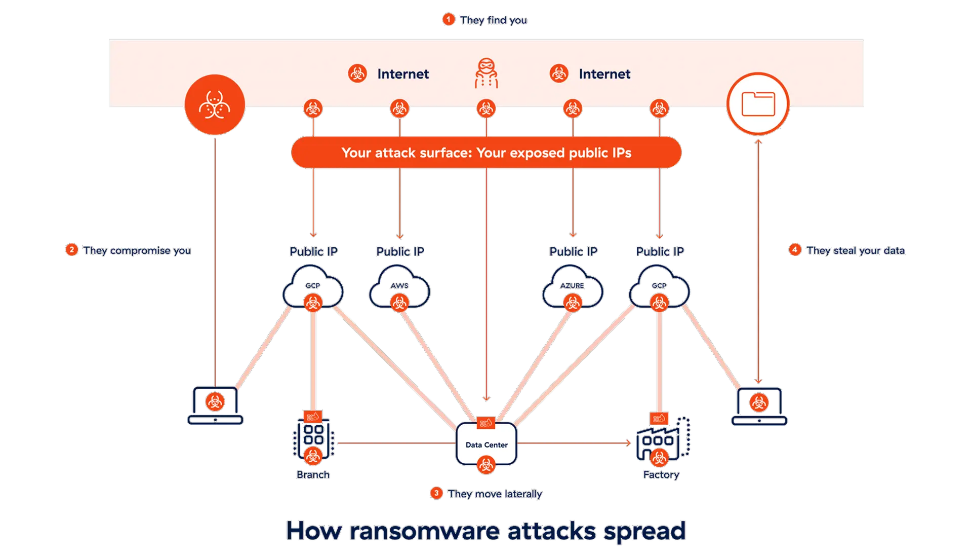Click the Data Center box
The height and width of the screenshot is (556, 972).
[486, 444]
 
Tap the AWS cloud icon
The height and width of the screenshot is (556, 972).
[399, 289]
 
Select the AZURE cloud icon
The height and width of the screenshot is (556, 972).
[573, 289]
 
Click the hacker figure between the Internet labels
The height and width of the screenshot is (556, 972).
[486, 73]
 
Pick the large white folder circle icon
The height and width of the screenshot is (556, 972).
[758, 104]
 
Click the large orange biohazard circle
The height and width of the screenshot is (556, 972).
[215, 104]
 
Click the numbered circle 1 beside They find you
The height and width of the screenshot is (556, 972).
[448, 20]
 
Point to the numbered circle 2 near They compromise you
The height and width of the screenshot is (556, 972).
[72, 250]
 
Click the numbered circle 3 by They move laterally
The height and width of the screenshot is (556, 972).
[436, 493]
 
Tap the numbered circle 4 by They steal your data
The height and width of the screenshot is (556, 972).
[795, 250]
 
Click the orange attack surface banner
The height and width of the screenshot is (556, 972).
[486, 153]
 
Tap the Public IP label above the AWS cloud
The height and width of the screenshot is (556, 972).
[400, 251]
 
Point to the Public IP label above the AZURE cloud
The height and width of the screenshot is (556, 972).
[573, 251]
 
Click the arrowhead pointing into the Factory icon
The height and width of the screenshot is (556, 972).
[629, 443]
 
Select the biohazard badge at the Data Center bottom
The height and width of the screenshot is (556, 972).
[486, 464]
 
